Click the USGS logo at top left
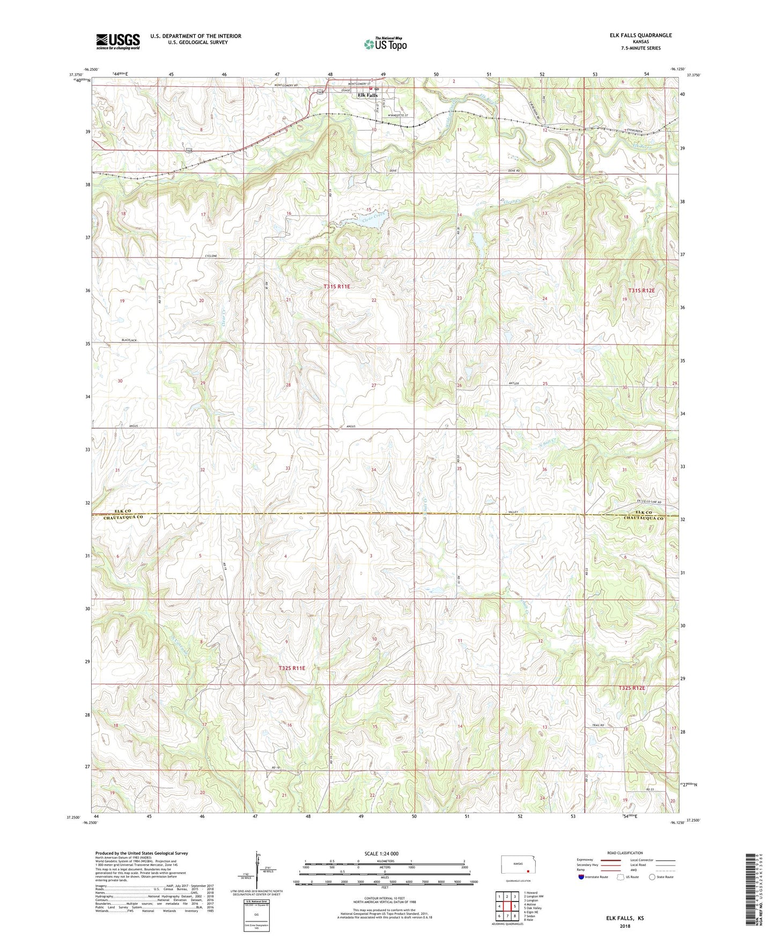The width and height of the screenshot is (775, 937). [x=117, y=41]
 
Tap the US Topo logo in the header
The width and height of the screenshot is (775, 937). [x=385, y=44]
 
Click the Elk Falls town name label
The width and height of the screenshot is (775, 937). [x=367, y=96]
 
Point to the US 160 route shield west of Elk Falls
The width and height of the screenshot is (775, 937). [x=320, y=92]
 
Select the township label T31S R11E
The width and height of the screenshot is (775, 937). [x=337, y=287]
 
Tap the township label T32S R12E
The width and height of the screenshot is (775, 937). [x=631, y=688]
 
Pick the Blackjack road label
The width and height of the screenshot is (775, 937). [x=129, y=340]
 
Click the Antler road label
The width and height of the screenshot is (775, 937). [x=514, y=384]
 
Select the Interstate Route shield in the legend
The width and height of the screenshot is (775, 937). [x=581, y=877]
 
